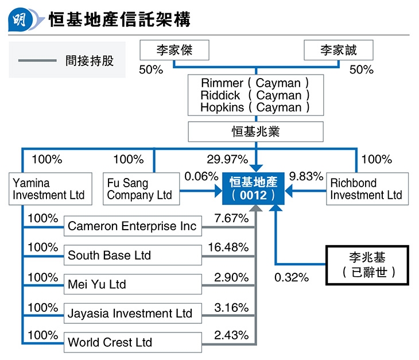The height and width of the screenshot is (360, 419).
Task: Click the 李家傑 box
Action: coord(174,50)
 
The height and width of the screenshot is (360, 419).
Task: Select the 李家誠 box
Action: coord(339,50)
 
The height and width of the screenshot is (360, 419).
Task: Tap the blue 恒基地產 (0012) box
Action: coord(253,188)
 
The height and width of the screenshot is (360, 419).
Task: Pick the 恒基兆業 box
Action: coord(256,131)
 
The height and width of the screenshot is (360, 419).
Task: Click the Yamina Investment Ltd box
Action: coord(51,189)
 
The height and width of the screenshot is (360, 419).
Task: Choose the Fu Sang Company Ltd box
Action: coord(141,189)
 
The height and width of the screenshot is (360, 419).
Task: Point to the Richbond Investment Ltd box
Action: coord(367,189)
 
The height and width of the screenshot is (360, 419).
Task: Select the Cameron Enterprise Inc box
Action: coord(133,226)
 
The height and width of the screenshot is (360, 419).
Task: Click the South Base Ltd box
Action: coord(133,256)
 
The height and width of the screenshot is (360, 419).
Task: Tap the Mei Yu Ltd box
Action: coord(133,284)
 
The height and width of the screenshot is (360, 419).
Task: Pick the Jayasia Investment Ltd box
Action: coord(133,313)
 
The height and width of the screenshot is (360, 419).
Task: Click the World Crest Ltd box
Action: coord(133,342)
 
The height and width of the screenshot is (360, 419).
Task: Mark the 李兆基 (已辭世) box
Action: coord(367,265)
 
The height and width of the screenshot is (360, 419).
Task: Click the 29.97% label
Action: coord(228,159)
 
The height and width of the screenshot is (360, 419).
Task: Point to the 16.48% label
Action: coord(228,247)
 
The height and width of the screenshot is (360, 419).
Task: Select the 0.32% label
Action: coord(292,277)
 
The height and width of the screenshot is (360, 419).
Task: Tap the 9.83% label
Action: coord(307,176)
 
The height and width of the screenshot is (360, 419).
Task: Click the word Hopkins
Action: coord(222,107)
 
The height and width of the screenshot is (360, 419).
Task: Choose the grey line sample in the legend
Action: coord(37,61)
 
